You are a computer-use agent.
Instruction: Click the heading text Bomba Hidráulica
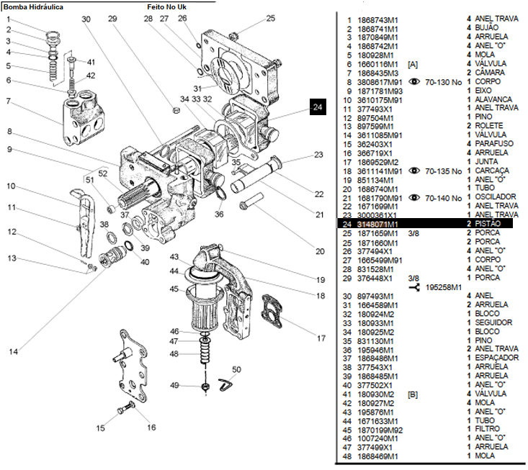tap(32, 6)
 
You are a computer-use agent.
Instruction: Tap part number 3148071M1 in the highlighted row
tap(378, 225)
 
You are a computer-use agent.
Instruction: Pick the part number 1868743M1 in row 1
tap(378, 20)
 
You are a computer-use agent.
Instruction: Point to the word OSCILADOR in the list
tap(496, 196)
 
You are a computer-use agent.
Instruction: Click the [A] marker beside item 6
tap(413, 64)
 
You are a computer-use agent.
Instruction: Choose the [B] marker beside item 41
tap(413, 394)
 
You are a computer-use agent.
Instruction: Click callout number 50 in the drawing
tap(236, 370)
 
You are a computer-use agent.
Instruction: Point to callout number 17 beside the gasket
tap(301, 338)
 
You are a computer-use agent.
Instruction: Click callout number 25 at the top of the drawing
tap(271, 18)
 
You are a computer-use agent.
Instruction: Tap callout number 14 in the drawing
tap(14, 351)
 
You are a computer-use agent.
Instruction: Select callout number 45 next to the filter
tap(174, 289)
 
